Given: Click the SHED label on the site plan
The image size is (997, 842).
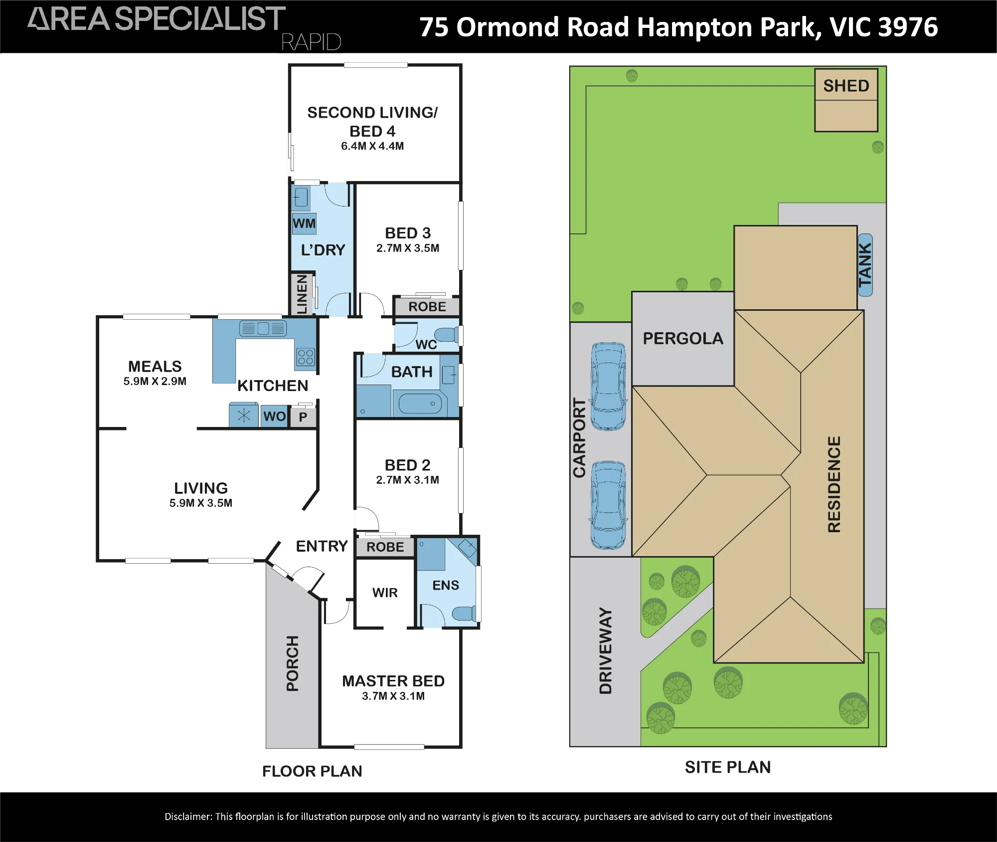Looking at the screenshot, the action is coord(846,86).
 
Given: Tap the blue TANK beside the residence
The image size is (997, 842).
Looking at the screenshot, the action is coord(865,265).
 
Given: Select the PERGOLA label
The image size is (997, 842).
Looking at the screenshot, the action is coord(683,339).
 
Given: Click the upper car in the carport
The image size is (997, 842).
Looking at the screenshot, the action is coord(608,386).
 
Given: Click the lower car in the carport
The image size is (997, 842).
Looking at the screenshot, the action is coord(608,505).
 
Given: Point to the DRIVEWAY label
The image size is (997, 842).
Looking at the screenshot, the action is coord(605,650).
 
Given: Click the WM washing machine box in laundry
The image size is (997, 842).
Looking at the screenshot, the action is coord(304,223).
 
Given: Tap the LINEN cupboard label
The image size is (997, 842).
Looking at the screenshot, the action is coord(302,294).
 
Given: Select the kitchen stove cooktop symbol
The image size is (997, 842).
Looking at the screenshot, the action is coord(306,357).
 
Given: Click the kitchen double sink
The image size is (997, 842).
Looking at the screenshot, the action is coord(263,328).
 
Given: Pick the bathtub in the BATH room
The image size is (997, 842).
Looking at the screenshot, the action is coord(420,404).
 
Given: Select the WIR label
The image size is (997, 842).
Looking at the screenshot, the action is coord(385,593).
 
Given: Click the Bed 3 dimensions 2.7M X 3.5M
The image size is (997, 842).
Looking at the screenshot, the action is coord(408,248).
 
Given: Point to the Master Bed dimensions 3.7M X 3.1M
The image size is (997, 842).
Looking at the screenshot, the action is coord(393,696).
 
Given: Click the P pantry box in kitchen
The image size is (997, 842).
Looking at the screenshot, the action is coord(303,417).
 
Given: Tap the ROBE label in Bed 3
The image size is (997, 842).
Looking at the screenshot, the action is coord(427,307).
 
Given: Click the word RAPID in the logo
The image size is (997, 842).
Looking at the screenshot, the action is coord(311,42).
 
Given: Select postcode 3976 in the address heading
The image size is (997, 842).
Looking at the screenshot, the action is coord(908,27).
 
